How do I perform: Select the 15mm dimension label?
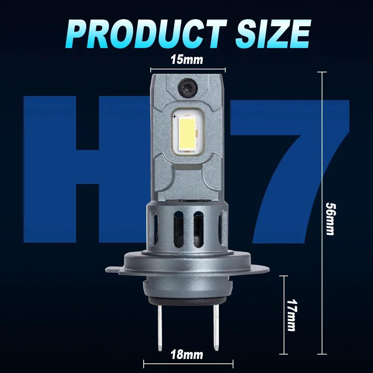(187, 59)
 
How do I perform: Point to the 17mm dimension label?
(291, 315)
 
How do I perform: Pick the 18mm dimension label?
(187, 355)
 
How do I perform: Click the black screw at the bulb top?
(187, 88)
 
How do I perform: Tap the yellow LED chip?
(187, 133)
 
